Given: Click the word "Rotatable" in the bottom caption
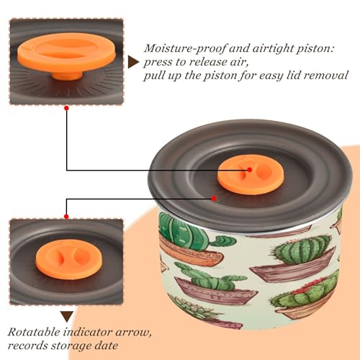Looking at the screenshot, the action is tap(35, 332).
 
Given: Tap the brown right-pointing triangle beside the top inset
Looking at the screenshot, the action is tap(133, 62).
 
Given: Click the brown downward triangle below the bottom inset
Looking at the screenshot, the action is tap(67, 316).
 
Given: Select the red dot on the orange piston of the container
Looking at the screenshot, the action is tap(250, 170).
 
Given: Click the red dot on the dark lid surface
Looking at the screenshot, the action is tap(214, 199).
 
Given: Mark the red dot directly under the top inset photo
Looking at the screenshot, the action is tap(67, 108).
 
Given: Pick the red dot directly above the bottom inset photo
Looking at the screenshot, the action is tap(66, 217).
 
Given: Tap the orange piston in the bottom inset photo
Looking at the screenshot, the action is tap(69, 259).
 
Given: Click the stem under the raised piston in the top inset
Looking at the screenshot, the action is tap(68, 76).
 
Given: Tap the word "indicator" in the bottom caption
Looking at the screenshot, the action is tap(88, 332).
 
